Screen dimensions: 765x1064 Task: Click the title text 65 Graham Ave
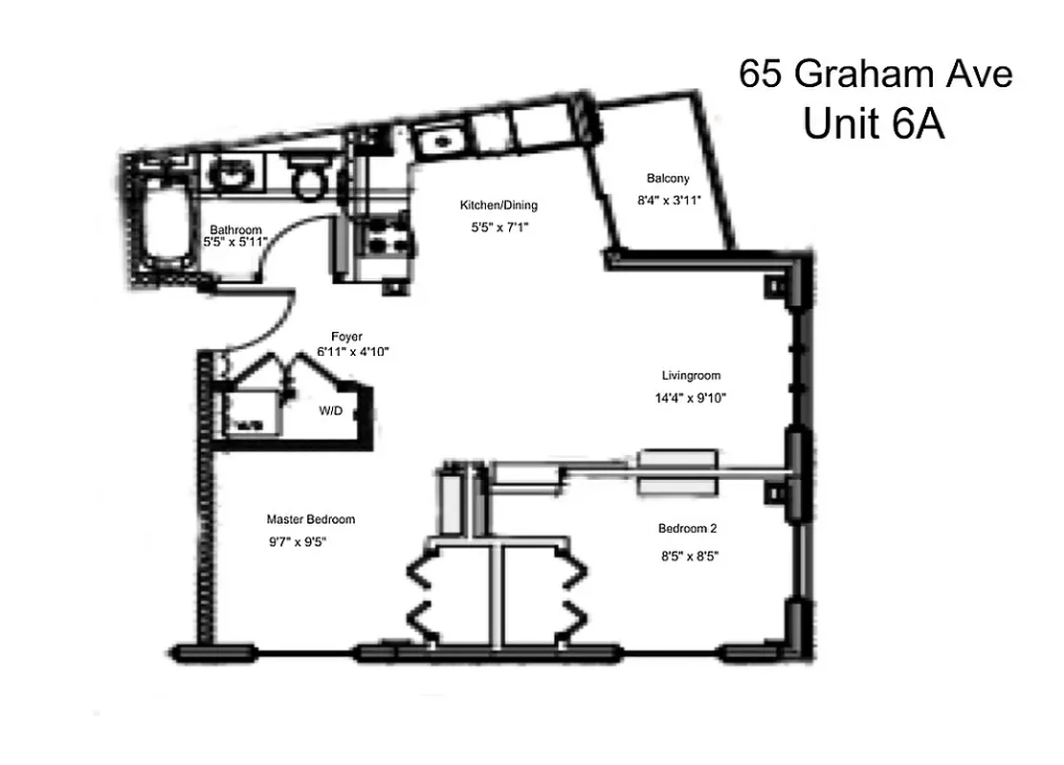tap(875, 74)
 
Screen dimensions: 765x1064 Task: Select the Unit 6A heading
tap(874, 123)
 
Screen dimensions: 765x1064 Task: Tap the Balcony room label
tap(668, 179)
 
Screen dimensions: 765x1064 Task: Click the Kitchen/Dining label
tap(499, 205)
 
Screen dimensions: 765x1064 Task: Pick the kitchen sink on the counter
tap(439, 142)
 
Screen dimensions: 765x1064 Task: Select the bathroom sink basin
tap(230, 174)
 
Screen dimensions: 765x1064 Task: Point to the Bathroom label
tap(235, 229)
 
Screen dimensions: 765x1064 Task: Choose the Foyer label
tap(346, 336)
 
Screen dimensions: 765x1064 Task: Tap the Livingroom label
tap(691, 376)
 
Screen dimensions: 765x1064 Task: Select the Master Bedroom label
tap(311, 519)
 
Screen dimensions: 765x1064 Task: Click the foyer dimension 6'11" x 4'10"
tap(353, 352)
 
